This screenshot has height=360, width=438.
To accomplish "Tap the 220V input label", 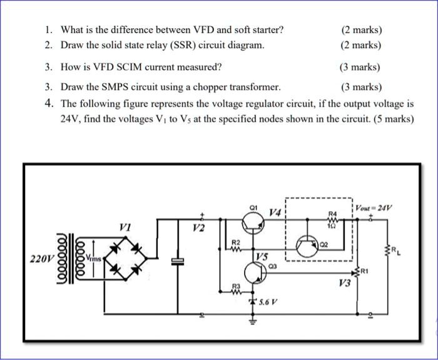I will click(41, 257).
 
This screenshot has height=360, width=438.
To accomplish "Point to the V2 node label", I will click(198, 227).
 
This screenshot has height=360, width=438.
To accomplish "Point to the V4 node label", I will click(275, 213).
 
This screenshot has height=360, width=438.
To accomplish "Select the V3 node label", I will click(344, 283).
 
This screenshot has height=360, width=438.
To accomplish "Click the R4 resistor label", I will click(332, 213).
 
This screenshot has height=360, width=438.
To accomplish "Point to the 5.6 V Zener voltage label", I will click(268, 302).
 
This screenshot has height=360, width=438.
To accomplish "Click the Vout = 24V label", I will click(374, 207).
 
